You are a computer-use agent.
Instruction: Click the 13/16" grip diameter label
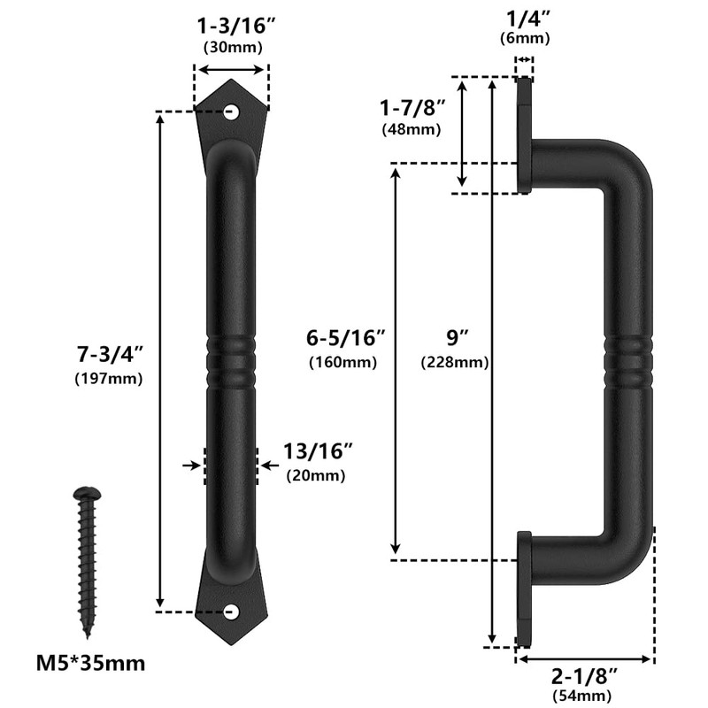pos(319,452)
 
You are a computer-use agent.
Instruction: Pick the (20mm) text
pos(316,475)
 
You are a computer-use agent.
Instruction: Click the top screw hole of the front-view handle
pos(232,112)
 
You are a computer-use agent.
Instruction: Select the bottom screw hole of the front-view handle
pos(232,611)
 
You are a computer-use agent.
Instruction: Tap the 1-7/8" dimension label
pos(412,108)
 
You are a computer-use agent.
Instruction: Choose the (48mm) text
pos(412,129)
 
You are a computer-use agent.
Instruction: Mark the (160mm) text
pos(343,362)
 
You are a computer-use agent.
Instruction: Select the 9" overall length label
pos(457,339)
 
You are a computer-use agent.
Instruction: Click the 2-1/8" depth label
pos(584,676)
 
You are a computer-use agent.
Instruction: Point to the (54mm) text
pos(584,696)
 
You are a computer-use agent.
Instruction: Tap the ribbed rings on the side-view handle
pos(630,363)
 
